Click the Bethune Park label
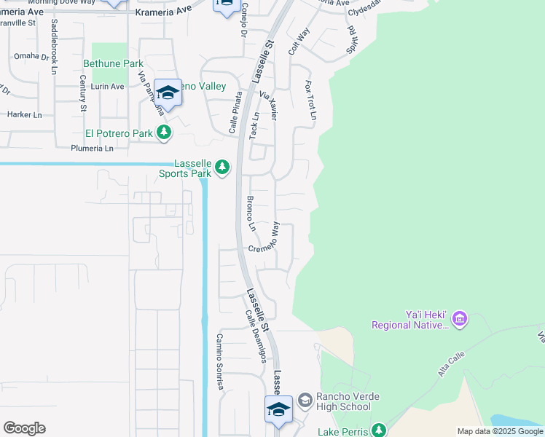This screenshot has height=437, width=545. (113, 63)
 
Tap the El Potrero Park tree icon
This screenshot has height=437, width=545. (165, 133)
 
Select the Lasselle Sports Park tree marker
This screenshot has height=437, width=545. (222, 168)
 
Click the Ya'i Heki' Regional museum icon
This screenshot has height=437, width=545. (459, 318)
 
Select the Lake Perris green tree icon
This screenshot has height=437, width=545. (378, 430)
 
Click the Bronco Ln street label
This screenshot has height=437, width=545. (251, 213)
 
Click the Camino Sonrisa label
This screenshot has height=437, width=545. (218, 361)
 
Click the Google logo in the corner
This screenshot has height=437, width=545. (24, 428)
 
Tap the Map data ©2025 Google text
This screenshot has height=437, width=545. (500, 431)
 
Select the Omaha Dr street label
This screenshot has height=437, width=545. (31, 56)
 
